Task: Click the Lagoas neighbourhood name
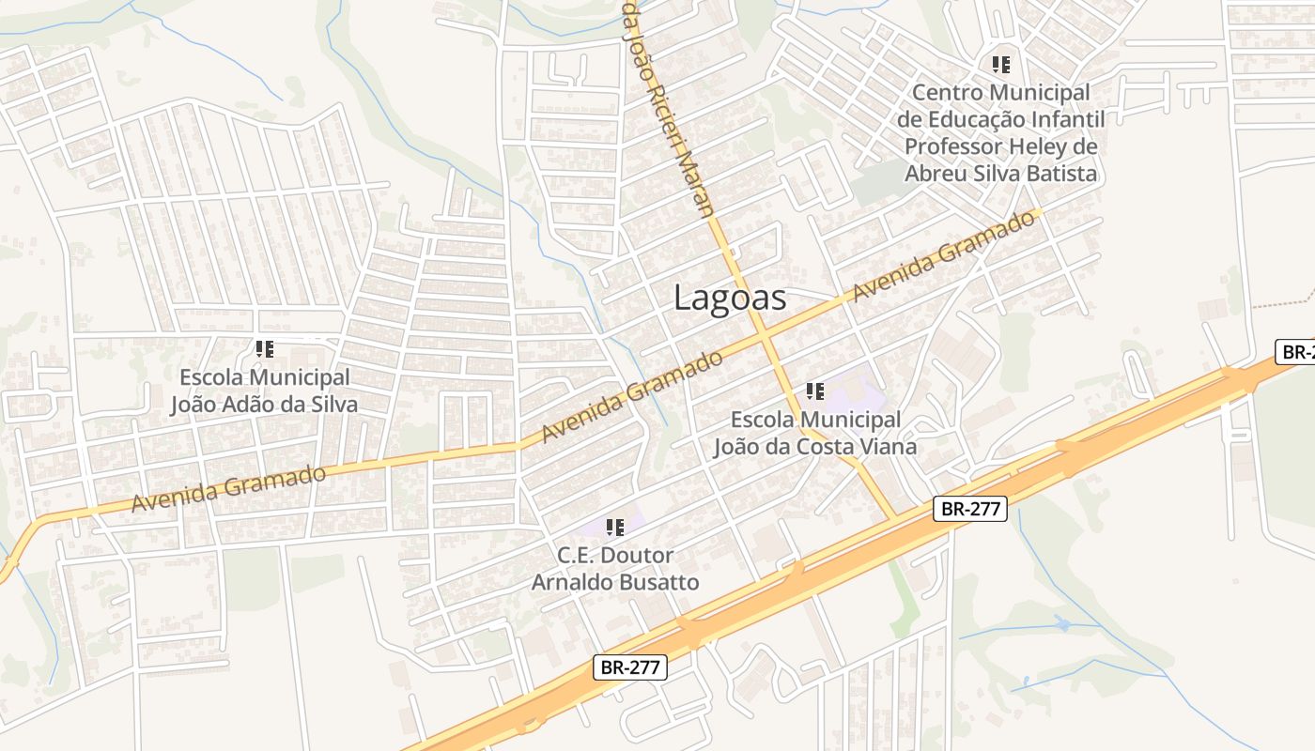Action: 730,298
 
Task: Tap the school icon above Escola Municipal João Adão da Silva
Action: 265,349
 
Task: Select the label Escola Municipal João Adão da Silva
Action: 264,391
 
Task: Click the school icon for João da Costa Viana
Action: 814,391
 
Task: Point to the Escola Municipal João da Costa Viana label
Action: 814,433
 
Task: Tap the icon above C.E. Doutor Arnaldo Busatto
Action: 615,528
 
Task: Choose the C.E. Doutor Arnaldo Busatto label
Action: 615,569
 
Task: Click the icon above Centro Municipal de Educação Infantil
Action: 1001,65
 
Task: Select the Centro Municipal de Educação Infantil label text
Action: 1001,132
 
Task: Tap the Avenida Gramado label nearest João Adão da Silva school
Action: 228,488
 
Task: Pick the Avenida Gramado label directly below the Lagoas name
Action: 633,396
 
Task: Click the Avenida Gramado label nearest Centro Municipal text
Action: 946,255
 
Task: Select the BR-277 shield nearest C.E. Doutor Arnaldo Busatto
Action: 631,667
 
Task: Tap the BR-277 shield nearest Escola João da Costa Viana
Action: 971,509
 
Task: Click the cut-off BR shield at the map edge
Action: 1295,352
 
